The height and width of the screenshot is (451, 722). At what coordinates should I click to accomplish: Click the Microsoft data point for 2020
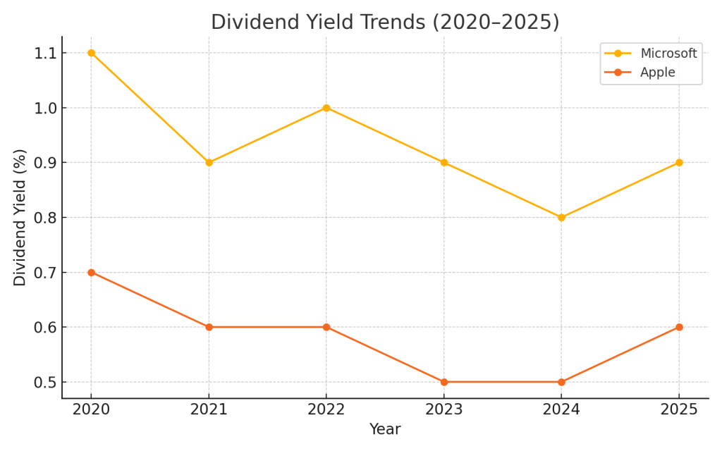pos(91,53)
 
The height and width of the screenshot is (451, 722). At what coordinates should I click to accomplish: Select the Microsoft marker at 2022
pos(326,108)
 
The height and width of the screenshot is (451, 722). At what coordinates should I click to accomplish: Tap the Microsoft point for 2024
pos(561,217)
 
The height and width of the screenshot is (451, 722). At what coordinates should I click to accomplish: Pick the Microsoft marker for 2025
pos(679,162)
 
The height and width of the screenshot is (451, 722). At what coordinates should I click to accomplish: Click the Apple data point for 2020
pos(91,272)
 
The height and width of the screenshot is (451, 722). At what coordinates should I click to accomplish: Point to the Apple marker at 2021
pos(209,327)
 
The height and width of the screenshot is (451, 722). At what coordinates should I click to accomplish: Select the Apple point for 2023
pos(444,382)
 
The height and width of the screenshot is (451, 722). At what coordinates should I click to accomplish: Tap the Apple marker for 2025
pos(679,327)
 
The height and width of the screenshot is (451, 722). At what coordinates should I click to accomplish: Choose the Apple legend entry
pos(657,73)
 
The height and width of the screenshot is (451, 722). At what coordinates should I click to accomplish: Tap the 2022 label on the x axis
pos(326,410)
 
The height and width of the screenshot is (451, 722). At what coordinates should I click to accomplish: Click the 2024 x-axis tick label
pos(561,410)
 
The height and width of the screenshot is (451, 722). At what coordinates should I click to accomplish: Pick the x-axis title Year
pos(385,430)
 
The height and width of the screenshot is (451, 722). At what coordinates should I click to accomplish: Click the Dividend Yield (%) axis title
pos(20,217)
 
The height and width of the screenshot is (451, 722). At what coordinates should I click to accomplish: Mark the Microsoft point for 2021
pos(209,162)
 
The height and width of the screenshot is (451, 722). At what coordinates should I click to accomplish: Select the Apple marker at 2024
pos(561,382)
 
